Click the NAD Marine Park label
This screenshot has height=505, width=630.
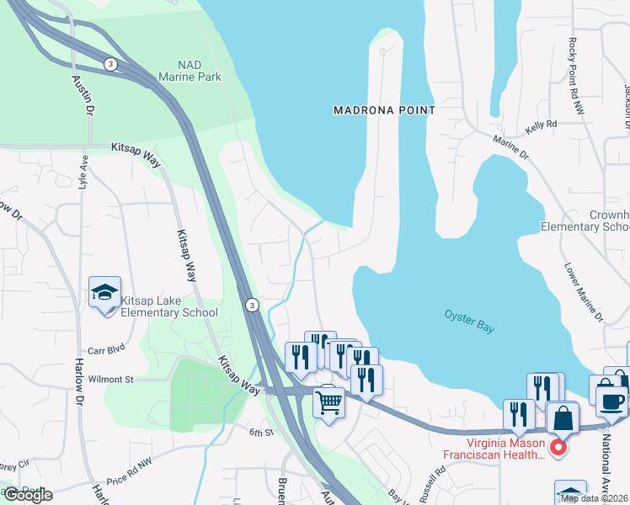[x=199, y=71]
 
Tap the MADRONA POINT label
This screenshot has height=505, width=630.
[x=384, y=110]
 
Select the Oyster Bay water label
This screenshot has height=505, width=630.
[x=469, y=321]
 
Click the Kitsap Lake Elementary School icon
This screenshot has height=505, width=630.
[x=105, y=293]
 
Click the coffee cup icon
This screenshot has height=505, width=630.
[x=611, y=401]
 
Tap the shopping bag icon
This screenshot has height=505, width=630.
[x=562, y=418]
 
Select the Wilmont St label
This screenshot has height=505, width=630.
[x=112, y=380]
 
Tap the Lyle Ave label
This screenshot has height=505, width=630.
[x=83, y=172]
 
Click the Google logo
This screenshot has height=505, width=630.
[x=28, y=494]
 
